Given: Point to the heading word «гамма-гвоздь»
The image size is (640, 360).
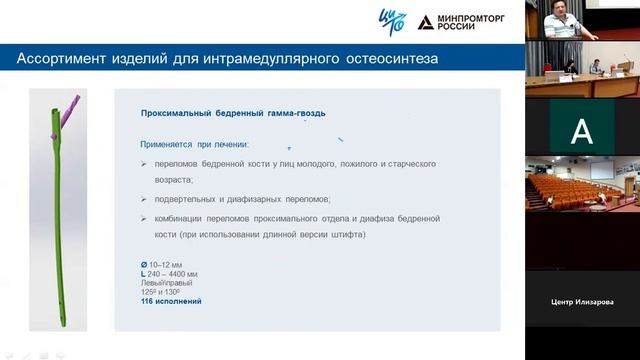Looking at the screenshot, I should point(290,114).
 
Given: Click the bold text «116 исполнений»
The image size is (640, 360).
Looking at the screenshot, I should point(171,301).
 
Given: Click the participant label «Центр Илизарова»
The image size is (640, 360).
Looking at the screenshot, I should point(582,302).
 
